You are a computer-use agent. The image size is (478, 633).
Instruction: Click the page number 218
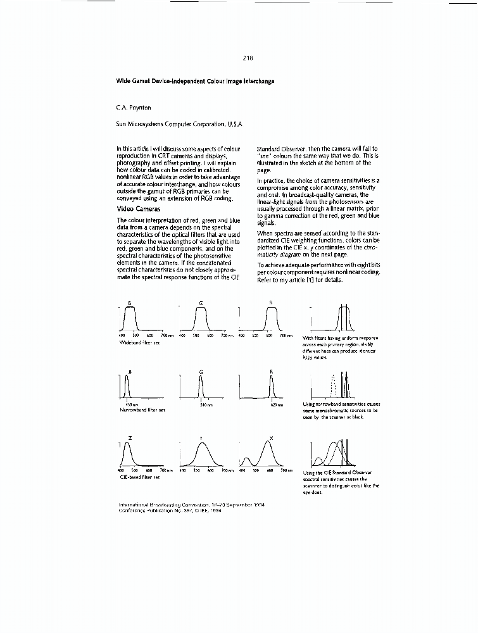click(x=248, y=58)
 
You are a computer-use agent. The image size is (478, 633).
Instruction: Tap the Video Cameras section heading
click(x=139, y=208)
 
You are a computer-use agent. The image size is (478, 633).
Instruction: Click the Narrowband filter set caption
click(x=142, y=410)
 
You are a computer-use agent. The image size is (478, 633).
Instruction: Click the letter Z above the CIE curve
click(x=130, y=437)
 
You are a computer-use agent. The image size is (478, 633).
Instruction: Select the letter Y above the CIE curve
click(x=201, y=437)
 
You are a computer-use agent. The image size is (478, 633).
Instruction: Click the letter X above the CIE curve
click(x=272, y=437)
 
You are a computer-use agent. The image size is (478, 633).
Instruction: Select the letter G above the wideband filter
click(x=201, y=303)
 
